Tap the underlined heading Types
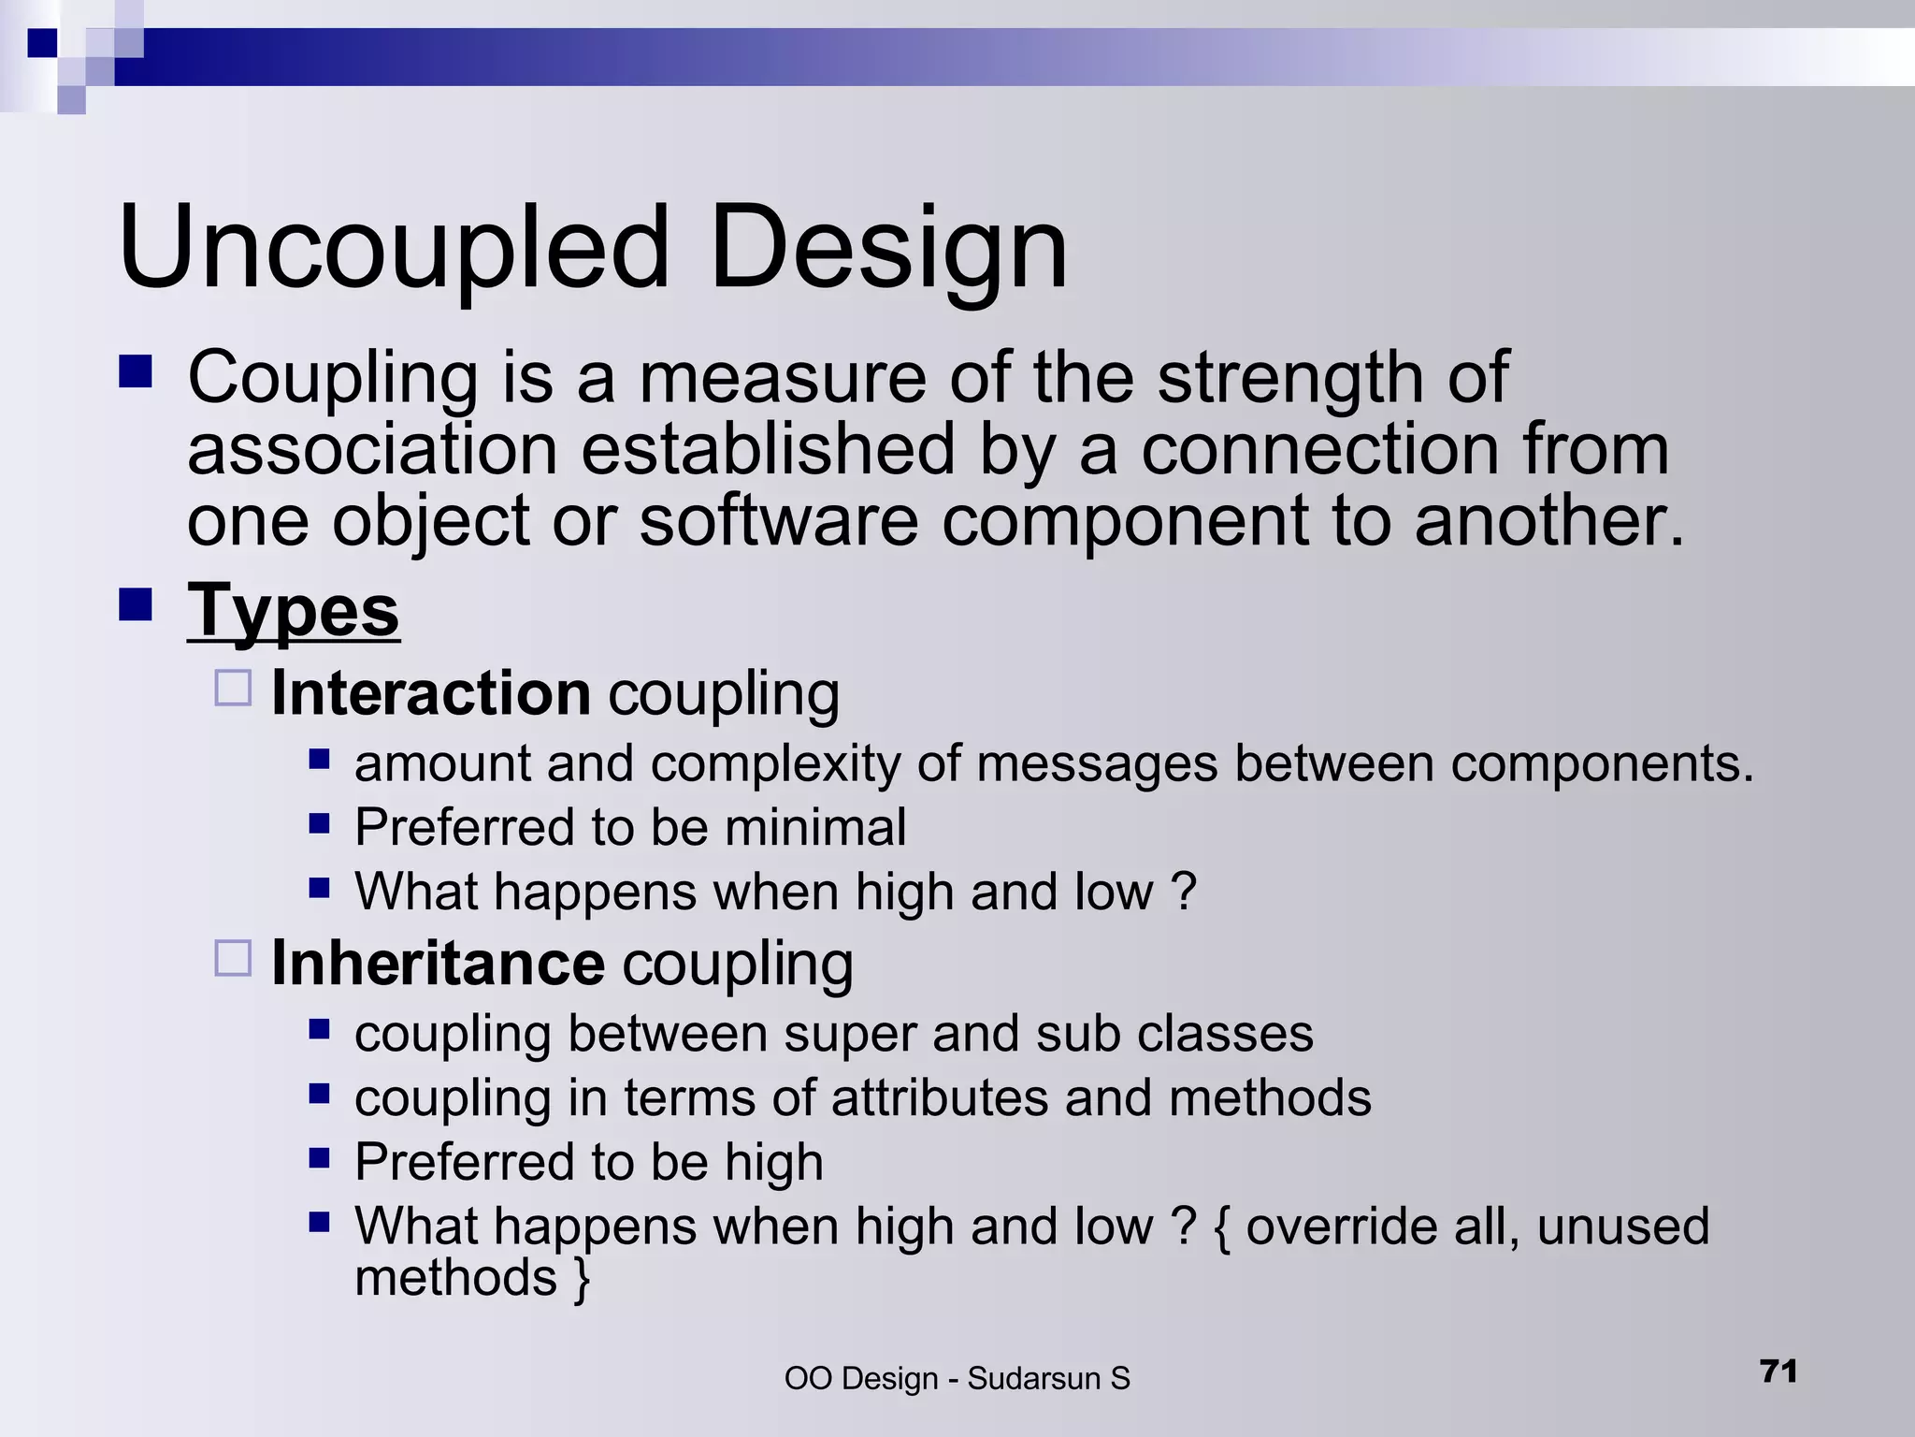coord(294,611)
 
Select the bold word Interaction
coord(431,693)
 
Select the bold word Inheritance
coord(438,964)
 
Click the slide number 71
coord(1778,1372)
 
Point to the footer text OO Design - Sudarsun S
coord(957,1379)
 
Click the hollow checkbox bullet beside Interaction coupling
coord(233,688)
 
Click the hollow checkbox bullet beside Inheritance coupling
coord(233,958)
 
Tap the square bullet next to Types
coord(136,605)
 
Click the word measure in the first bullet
coord(784,378)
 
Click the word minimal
coord(814,828)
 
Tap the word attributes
coord(939,1098)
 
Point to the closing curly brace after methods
coord(582,1279)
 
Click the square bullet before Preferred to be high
coord(319,1158)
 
